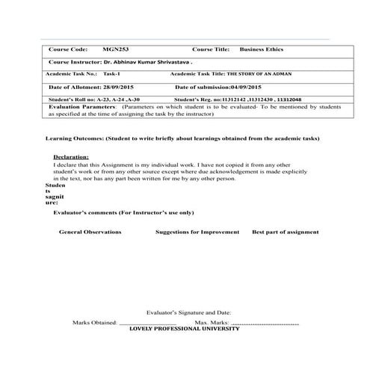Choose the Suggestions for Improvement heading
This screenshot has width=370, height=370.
(x=197, y=232)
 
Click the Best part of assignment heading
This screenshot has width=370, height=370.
(x=286, y=232)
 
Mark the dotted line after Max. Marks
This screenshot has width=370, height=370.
(x=265, y=323)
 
